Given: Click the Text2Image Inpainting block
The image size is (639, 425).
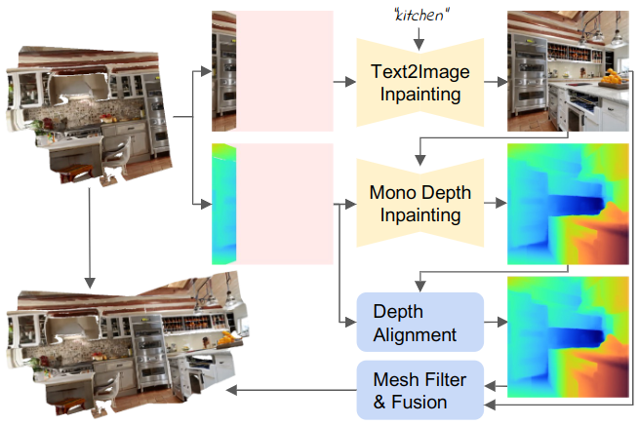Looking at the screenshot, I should click(x=420, y=82).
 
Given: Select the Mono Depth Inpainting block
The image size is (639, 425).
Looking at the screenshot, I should click(x=420, y=205).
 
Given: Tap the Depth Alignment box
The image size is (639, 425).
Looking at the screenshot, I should click(x=420, y=323).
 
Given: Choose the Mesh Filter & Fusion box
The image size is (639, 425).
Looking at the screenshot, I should click(x=420, y=389).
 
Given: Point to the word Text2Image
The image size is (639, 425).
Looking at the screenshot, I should click(x=420, y=71).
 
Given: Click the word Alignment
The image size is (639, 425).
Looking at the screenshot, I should click(x=416, y=334).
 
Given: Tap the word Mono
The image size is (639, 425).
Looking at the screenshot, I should click(x=391, y=193).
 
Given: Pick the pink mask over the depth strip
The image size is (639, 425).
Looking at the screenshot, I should click(x=286, y=204).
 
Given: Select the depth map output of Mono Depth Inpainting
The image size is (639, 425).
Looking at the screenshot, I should click(x=567, y=204).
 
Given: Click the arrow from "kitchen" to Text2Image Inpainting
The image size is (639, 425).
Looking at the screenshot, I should click(x=419, y=36).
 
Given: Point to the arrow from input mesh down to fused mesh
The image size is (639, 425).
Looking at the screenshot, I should click(x=90, y=235).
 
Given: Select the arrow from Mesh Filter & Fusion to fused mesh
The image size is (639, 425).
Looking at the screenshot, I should click(x=292, y=390).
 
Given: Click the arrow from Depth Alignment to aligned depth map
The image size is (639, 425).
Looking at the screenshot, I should click(x=496, y=323).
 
